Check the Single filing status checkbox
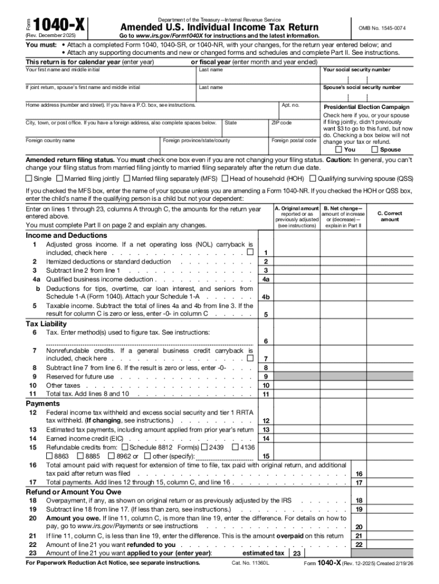pos(29,179)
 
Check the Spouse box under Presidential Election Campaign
pos(375,149)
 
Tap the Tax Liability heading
pos(46,324)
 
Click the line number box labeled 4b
pos(266,297)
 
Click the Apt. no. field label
pos(290,106)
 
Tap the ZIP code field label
pos(282,123)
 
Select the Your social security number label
pos(356,70)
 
